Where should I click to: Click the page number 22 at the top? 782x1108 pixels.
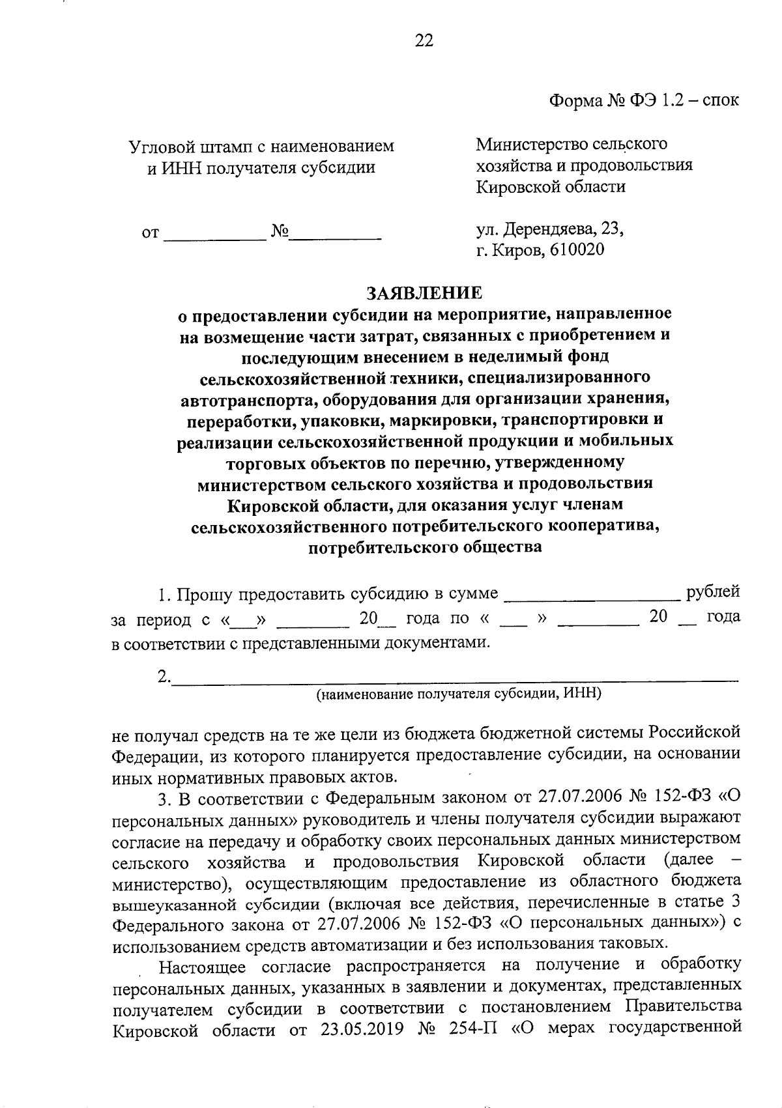[x=424, y=41]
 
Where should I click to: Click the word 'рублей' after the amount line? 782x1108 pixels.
[x=713, y=591]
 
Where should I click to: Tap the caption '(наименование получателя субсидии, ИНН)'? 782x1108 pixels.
[x=458, y=694]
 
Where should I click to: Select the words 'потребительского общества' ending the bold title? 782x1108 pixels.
[x=425, y=547]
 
